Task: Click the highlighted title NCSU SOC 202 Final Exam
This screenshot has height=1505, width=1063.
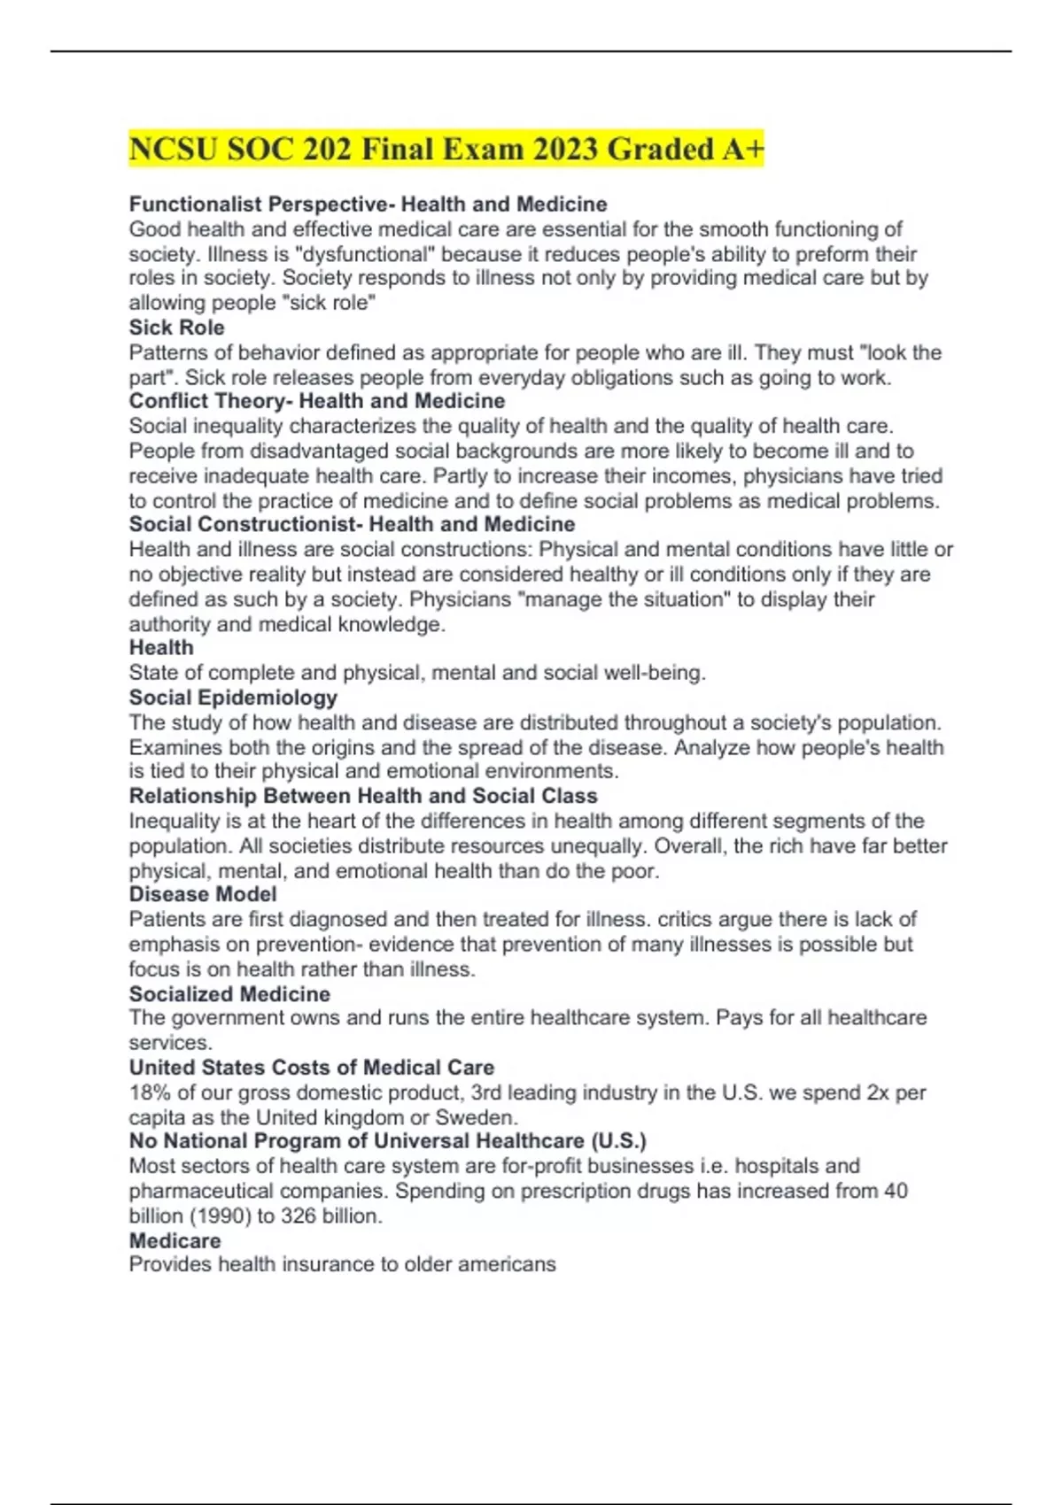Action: click(x=446, y=149)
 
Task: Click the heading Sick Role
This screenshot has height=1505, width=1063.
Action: click(x=176, y=328)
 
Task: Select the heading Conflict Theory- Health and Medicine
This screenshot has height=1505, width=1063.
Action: click(x=316, y=401)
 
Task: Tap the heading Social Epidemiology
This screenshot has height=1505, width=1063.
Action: click(x=233, y=698)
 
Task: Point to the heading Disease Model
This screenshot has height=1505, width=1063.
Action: click(x=203, y=894)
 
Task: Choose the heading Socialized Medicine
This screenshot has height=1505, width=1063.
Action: click(x=229, y=994)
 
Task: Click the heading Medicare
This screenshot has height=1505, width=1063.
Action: click(x=175, y=1240)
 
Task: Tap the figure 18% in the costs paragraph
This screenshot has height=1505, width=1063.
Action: click(x=150, y=1092)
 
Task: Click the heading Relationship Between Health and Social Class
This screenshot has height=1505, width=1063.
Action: click(x=363, y=796)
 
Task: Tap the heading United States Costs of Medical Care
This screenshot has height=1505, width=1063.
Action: click(x=312, y=1068)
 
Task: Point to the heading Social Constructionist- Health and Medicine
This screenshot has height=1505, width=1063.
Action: click(x=352, y=524)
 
